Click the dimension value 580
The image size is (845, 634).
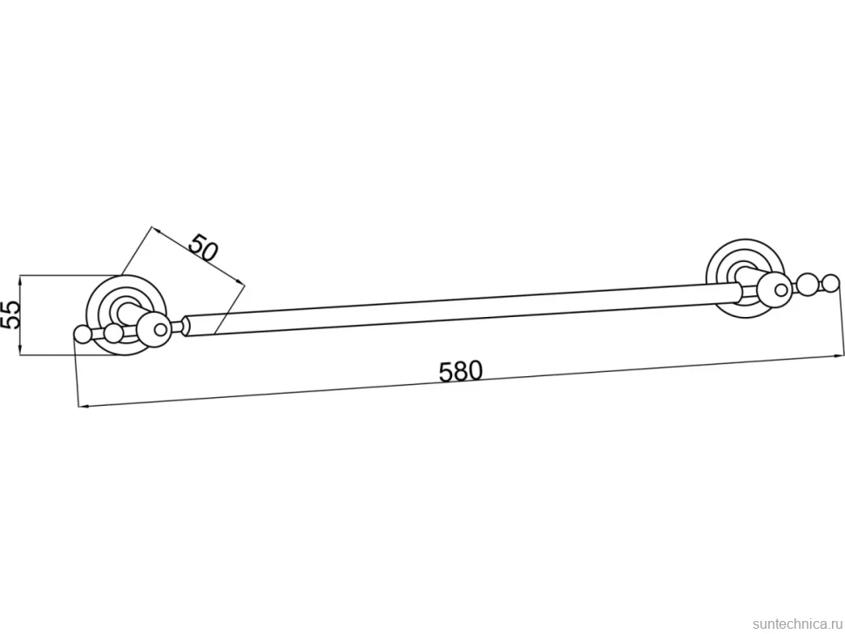[x=461, y=371]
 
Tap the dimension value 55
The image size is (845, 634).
[x=10, y=314]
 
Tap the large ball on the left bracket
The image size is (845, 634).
[x=153, y=327]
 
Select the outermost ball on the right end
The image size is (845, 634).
[x=830, y=285]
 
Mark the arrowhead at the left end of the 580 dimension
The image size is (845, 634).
[x=83, y=406]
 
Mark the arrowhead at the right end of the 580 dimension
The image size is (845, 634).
[x=840, y=354]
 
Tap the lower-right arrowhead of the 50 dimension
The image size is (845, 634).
[x=240, y=282]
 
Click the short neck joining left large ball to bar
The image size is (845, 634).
[x=176, y=326]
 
